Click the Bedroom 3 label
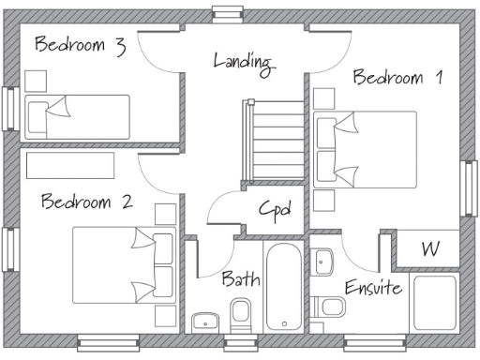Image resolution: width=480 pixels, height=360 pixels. pyautogui.click(x=80, y=45)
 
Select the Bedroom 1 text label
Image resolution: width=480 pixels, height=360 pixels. pyautogui.click(x=397, y=78)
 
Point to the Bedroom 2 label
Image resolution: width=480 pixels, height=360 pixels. pyautogui.click(x=86, y=202)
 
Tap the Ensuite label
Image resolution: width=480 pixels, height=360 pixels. pyautogui.click(x=373, y=287)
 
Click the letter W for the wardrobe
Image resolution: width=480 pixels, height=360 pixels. pyautogui.click(x=429, y=249)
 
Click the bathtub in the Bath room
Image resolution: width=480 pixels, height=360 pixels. pyautogui.click(x=283, y=288)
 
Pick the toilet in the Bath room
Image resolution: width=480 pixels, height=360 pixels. pyautogui.click(x=240, y=314)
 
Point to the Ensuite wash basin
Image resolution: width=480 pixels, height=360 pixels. pyautogui.click(x=323, y=261)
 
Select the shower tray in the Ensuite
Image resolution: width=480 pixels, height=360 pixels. pyautogui.click(x=433, y=304)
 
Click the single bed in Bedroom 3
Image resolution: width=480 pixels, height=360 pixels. pyautogui.click(x=77, y=116)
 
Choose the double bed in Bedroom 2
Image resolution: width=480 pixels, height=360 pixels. pyautogui.click(x=125, y=265)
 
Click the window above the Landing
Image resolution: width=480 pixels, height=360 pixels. pyautogui.click(x=225, y=12)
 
